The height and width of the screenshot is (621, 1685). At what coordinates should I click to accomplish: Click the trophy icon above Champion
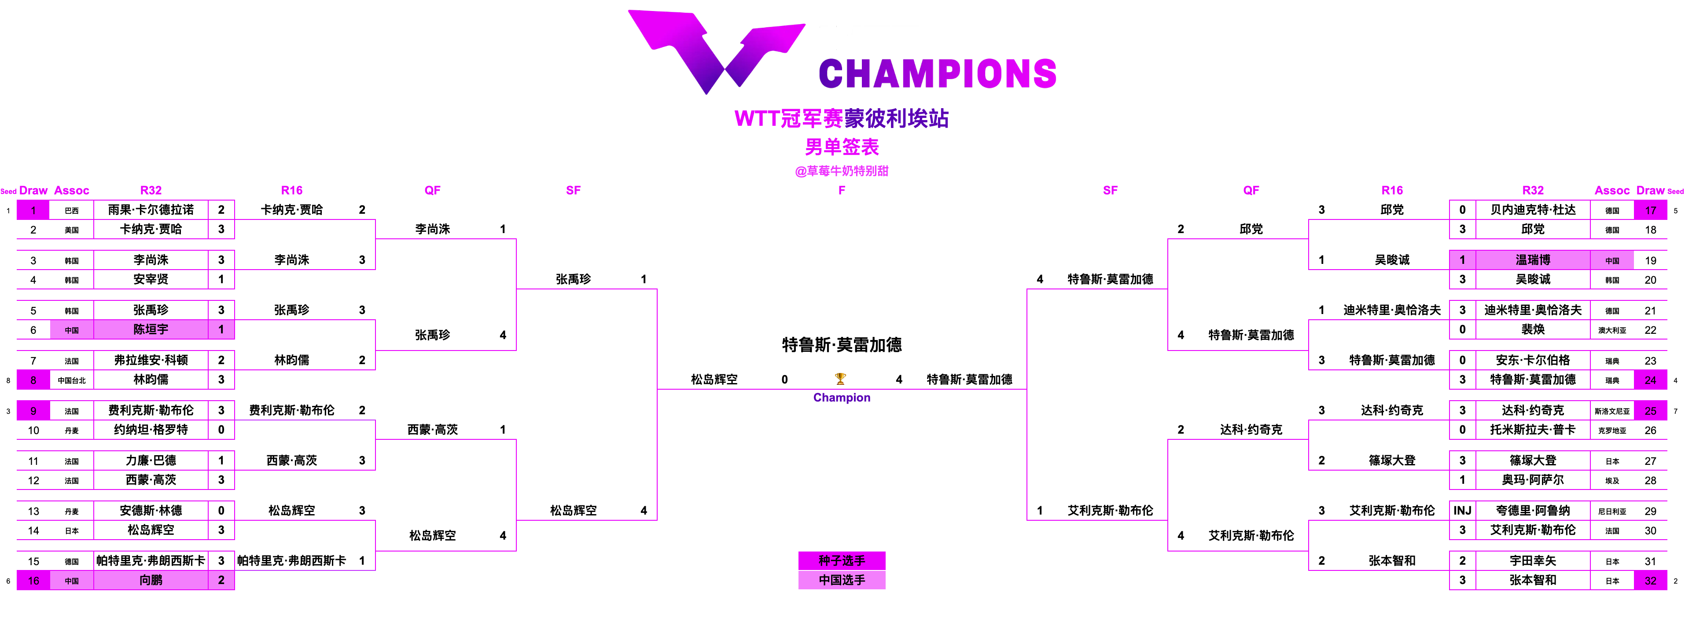(x=841, y=379)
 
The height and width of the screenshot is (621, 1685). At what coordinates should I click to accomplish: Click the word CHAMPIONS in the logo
(x=937, y=73)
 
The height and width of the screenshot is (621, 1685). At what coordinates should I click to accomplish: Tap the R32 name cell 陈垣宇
(x=151, y=329)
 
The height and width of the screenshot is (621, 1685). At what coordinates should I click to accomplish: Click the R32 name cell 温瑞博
(x=1533, y=259)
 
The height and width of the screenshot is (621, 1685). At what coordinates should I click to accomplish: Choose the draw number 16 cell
(x=33, y=581)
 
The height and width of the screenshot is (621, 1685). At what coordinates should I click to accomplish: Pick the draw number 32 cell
(x=1650, y=581)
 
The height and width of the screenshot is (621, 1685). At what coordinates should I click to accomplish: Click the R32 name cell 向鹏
(x=151, y=580)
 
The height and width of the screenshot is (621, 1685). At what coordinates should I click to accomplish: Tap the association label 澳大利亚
(x=1612, y=330)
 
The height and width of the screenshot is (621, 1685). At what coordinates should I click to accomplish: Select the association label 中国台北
(x=72, y=380)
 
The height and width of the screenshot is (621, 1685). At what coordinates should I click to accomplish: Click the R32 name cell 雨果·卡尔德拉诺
(x=151, y=210)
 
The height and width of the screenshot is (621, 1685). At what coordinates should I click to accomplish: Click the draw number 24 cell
(x=1650, y=380)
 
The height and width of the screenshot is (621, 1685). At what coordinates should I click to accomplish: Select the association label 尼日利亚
(x=1612, y=511)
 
